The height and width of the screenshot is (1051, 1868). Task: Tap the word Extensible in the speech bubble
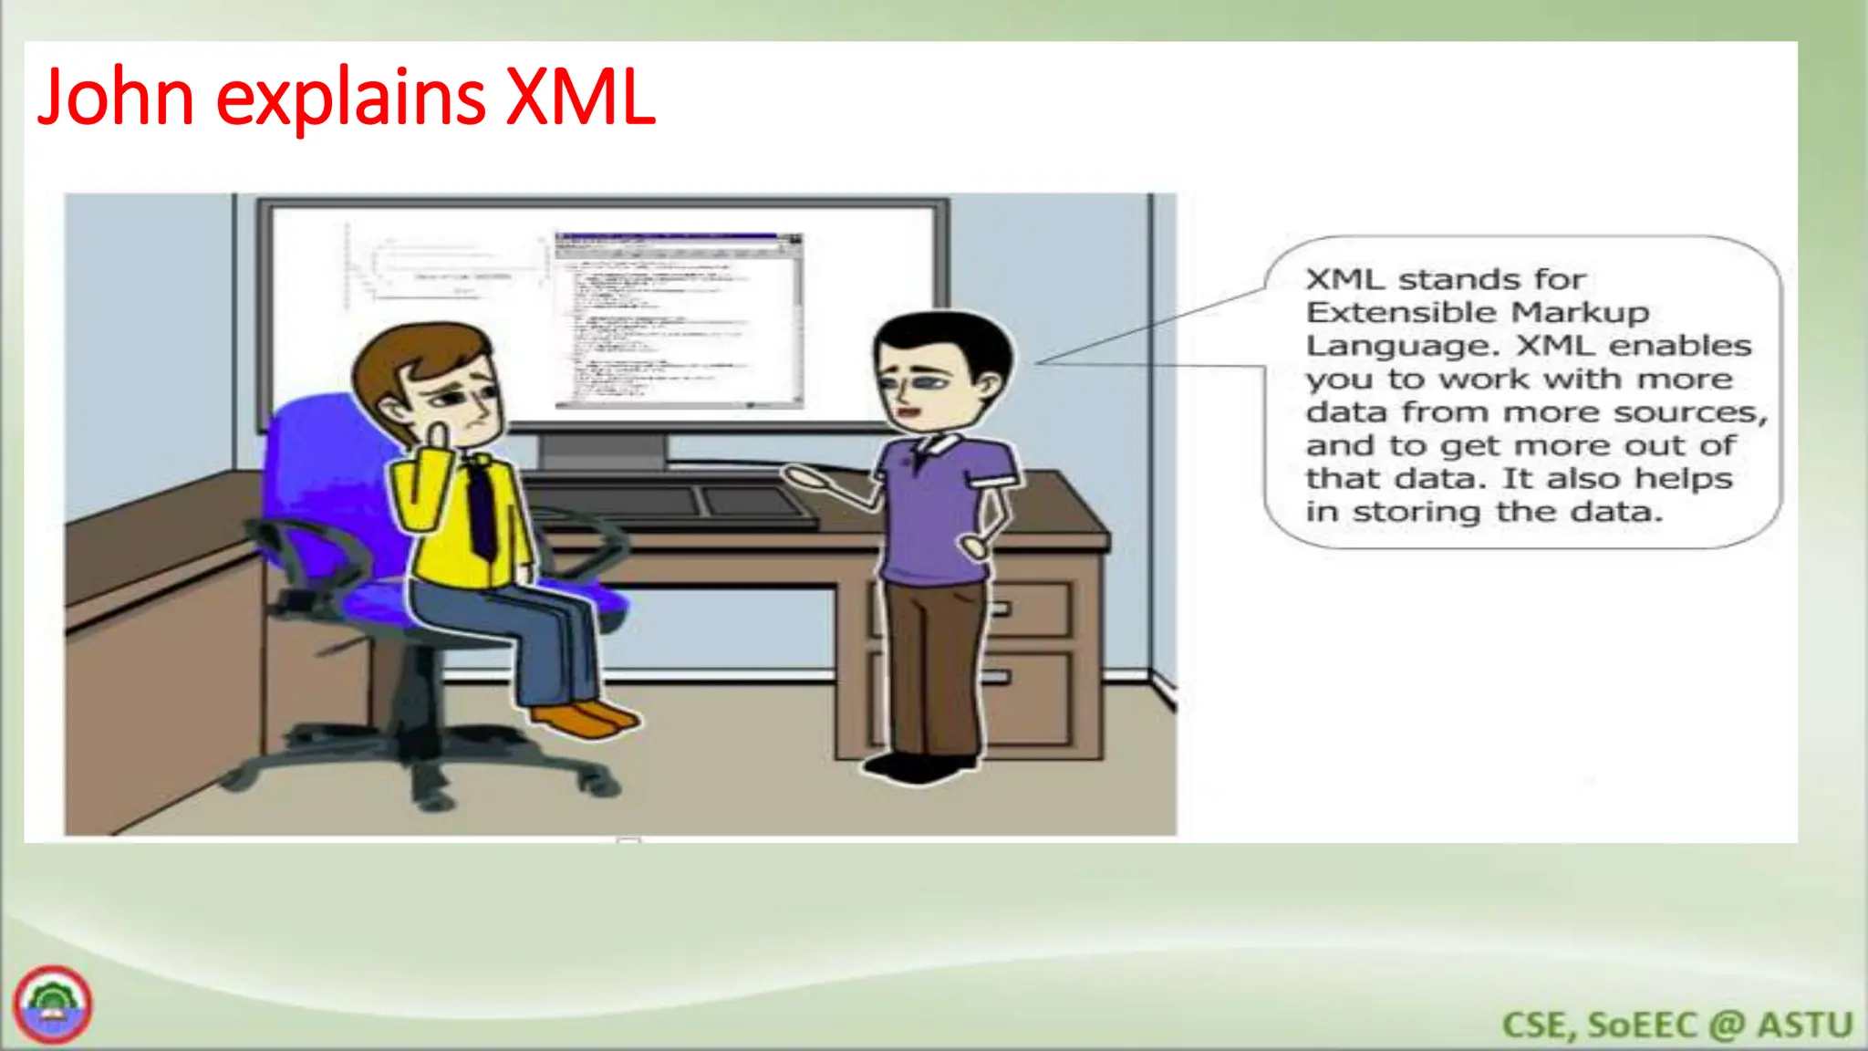click(1402, 313)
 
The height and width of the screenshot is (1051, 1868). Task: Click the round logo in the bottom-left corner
click(52, 1004)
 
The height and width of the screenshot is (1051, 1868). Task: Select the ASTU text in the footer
click(1805, 1025)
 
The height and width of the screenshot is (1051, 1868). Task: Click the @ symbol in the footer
click(1726, 1025)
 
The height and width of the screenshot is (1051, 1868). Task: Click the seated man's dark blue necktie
click(480, 507)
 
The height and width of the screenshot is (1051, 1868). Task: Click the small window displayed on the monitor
click(679, 319)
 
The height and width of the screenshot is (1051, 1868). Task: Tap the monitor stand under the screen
click(603, 453)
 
